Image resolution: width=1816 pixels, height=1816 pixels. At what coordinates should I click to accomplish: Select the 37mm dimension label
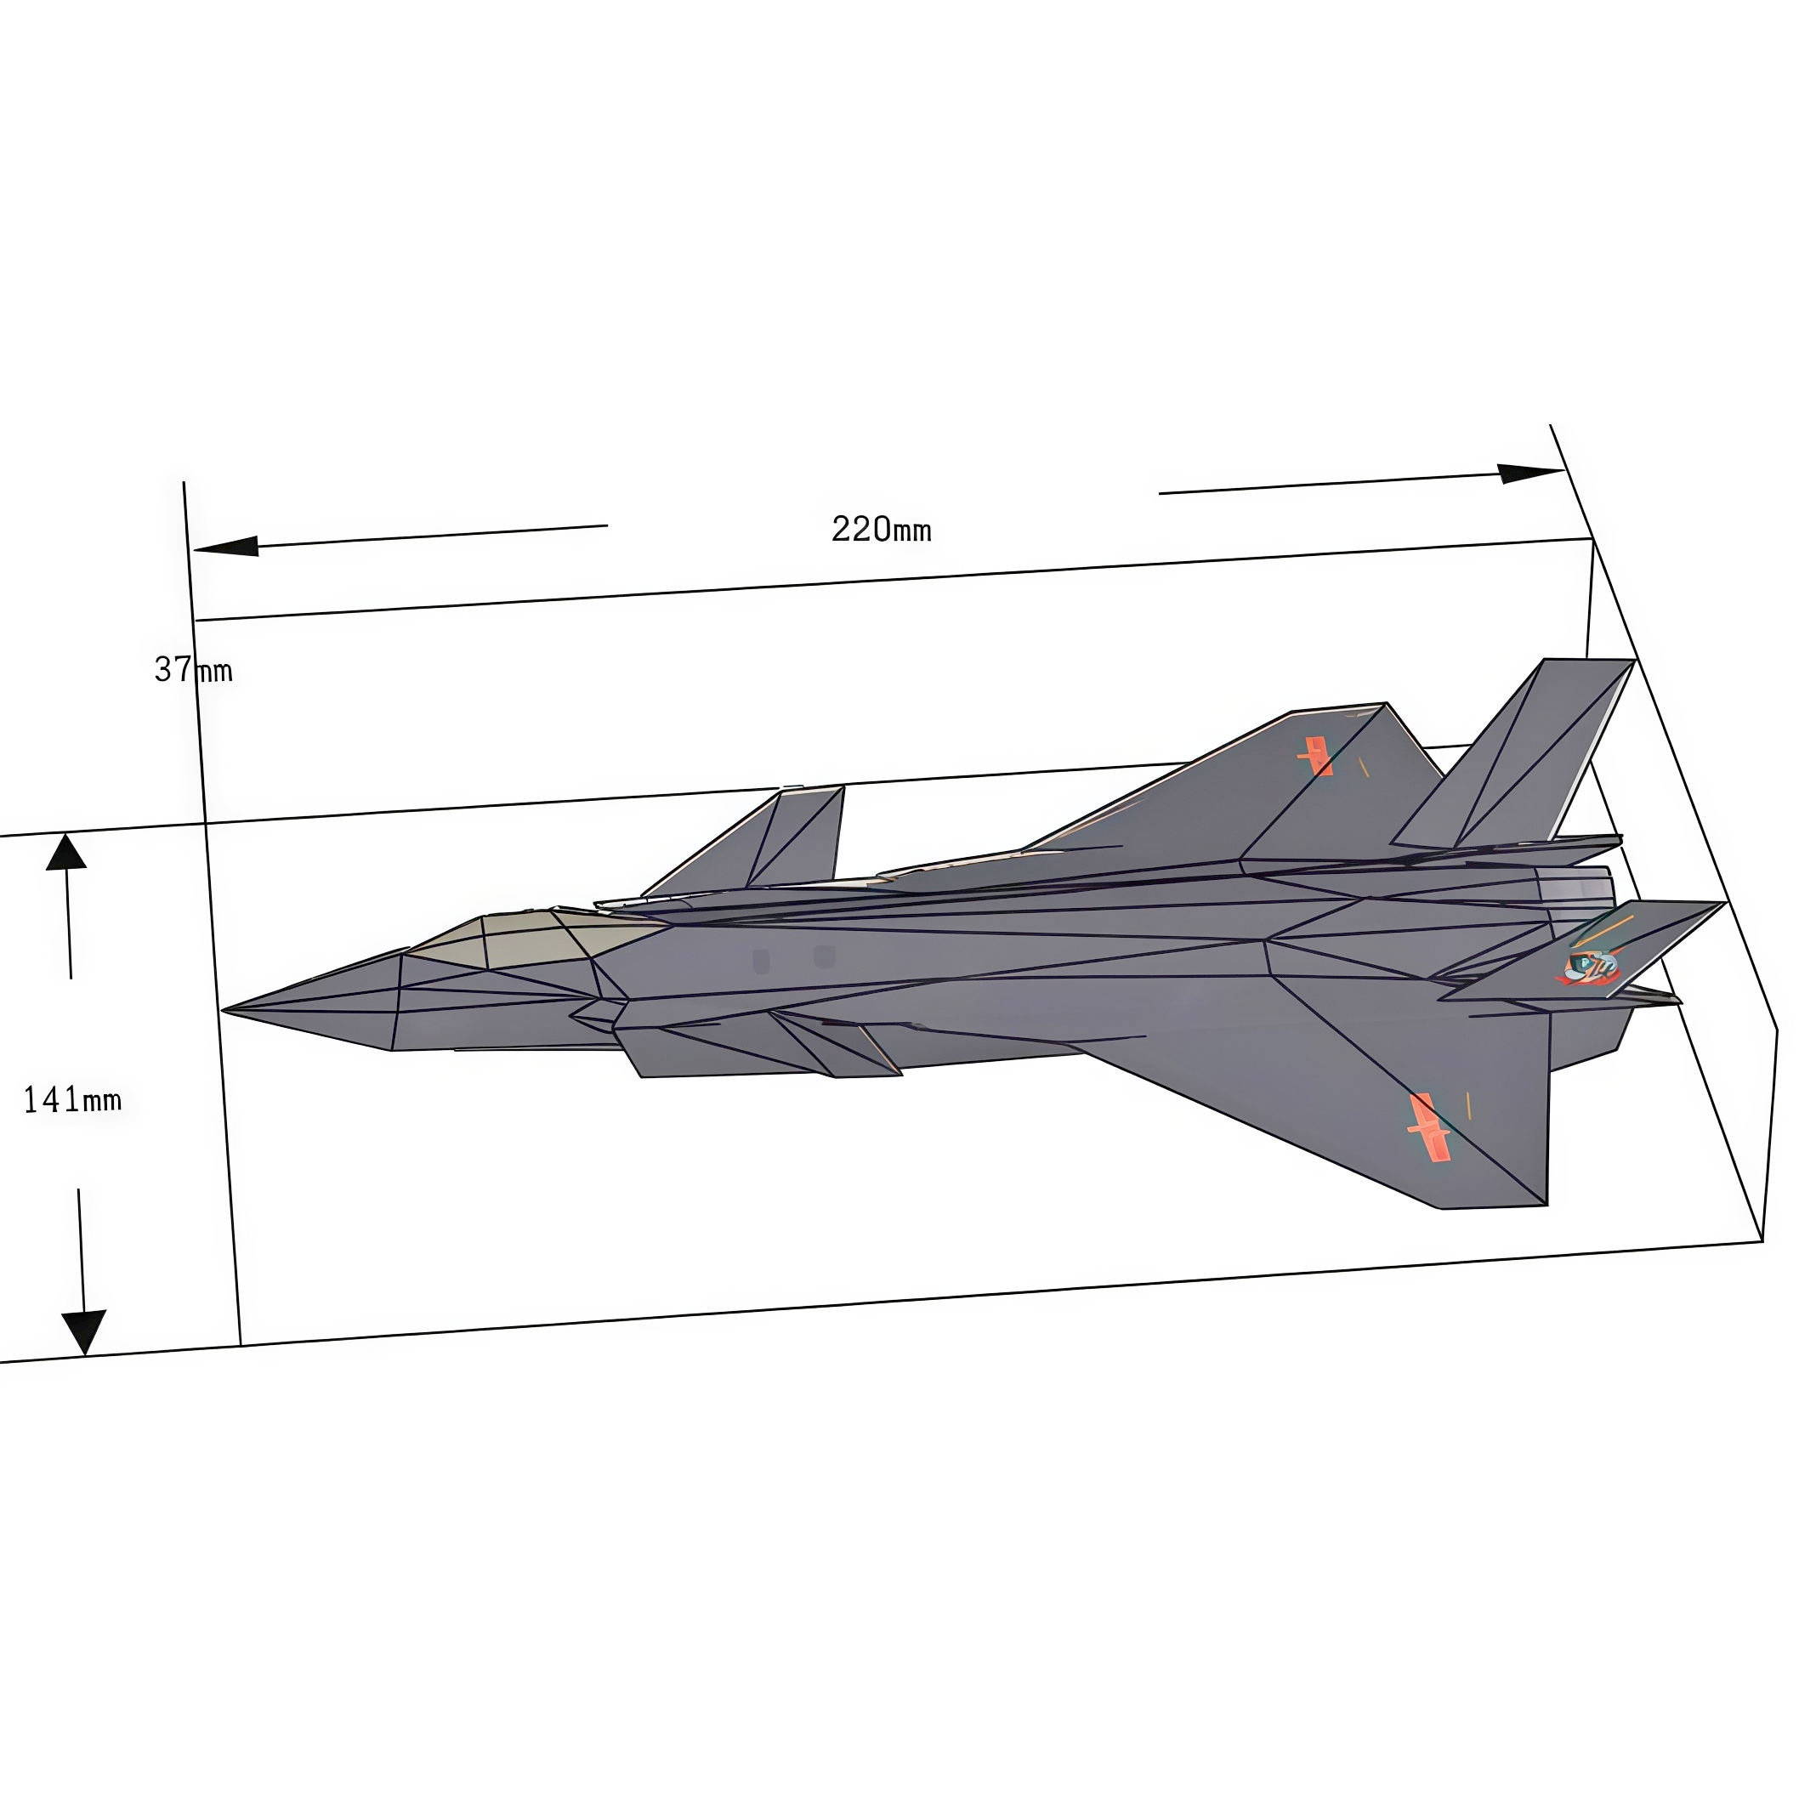point(193,669)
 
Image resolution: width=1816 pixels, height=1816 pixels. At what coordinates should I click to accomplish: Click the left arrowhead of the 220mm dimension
point(225,546)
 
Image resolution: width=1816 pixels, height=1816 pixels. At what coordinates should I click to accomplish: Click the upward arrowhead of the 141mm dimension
point(65,853)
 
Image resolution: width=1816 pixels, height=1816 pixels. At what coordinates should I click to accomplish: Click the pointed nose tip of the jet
point(225,1011)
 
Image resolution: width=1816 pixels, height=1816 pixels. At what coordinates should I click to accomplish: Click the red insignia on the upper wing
point(1316,756)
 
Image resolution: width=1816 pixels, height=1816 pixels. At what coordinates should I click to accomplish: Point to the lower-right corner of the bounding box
point(1762,1241)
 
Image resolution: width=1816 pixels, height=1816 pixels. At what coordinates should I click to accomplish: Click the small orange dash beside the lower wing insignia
point(1468,1105)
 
